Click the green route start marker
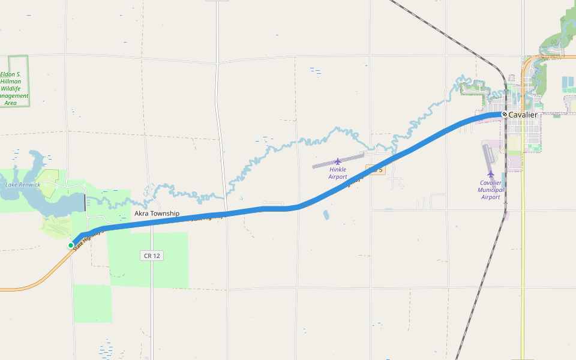71,245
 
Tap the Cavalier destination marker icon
505,114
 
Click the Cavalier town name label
523,115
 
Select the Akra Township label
157,213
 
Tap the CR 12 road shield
152,256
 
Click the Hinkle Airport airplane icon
338,161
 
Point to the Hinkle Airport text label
338,173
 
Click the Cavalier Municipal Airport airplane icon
491,173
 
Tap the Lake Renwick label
23,185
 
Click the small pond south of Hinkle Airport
326,214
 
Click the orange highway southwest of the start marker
36,279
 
